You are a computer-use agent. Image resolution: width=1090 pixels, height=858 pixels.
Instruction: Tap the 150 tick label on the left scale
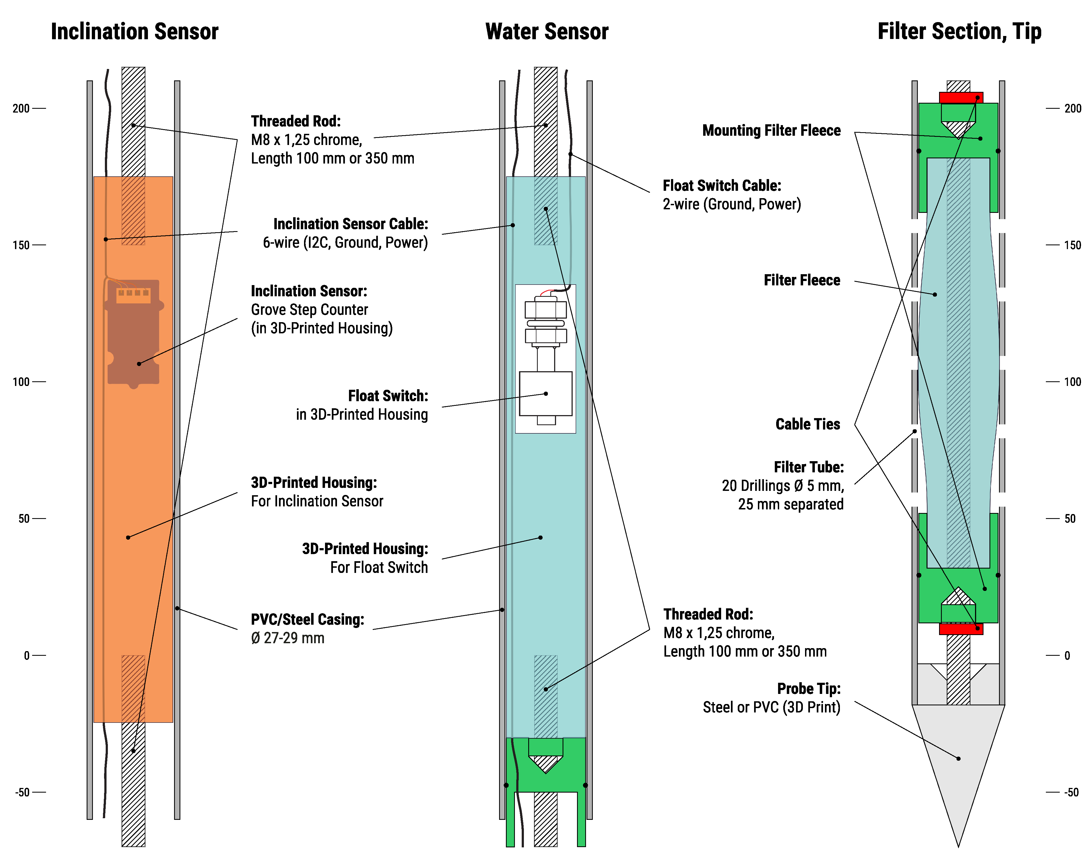click(x=21, y=245)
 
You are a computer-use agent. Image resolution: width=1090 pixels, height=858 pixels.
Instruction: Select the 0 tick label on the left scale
click(x=27, y=655)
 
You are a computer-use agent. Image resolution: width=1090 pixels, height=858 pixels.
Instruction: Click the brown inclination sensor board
click(x=133, y=342)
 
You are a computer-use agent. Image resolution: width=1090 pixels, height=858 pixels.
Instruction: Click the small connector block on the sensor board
click(x=133, y=295)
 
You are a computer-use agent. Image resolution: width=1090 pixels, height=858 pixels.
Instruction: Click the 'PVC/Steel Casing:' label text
click(x=307, y=620)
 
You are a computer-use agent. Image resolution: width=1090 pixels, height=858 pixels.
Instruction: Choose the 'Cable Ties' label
click(x=807, y=424)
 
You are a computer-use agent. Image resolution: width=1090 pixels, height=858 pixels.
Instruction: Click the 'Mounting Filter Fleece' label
click(x=771, y=131)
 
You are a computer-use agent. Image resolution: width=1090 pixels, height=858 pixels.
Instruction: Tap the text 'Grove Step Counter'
click(x=309, y=309)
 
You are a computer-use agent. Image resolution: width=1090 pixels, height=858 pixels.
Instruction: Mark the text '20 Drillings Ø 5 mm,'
click(x=782, y=486)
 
